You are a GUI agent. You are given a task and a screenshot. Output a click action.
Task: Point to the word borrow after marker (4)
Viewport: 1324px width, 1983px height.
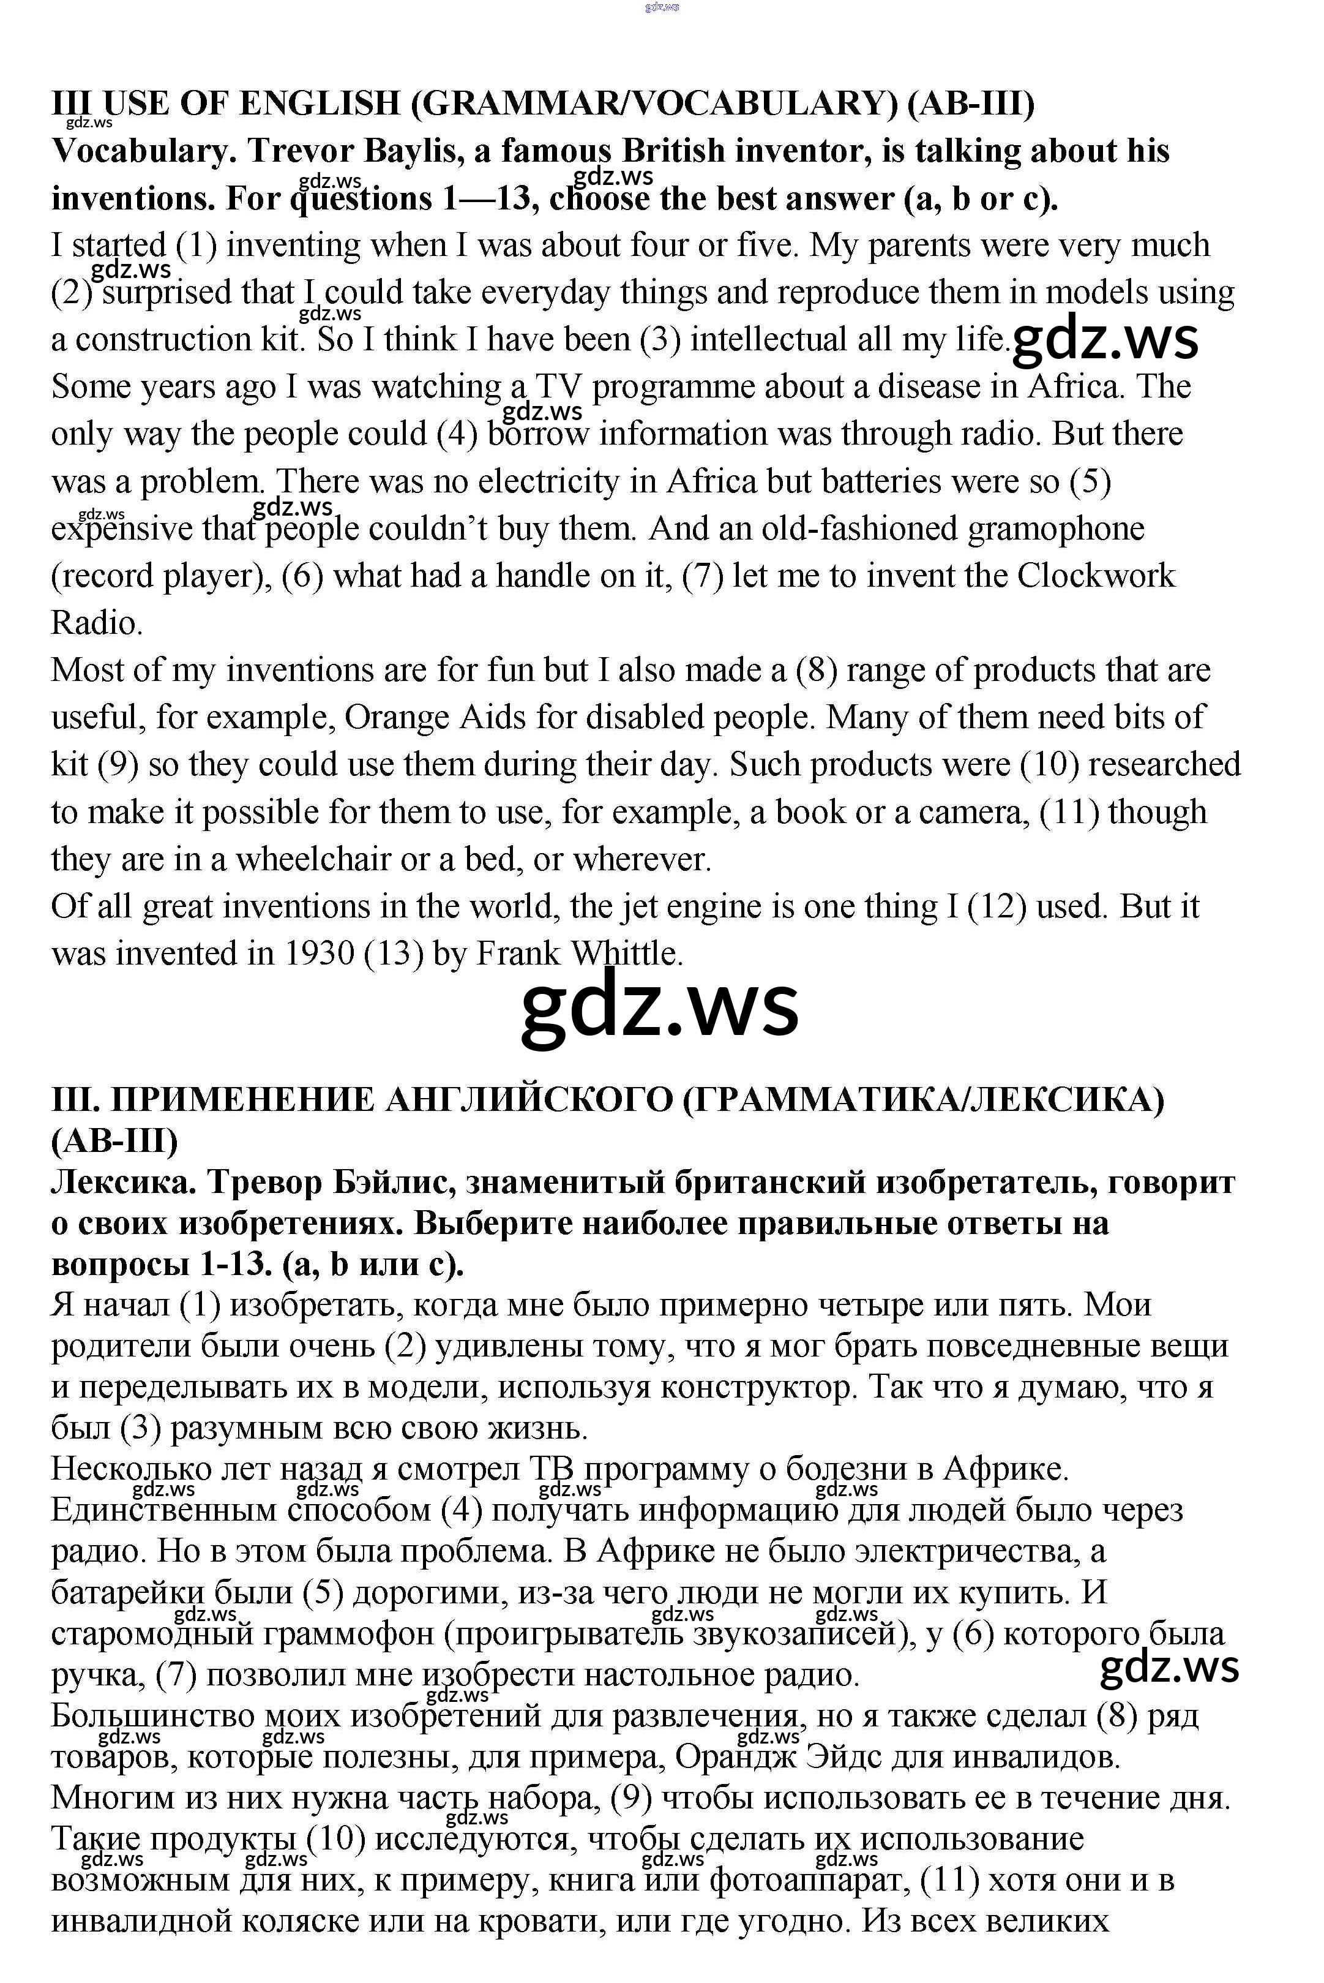point(539,434)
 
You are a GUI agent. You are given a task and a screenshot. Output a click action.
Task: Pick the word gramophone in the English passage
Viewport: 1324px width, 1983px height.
point(1055,529)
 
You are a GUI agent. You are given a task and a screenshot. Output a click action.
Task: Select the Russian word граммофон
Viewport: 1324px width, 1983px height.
point(348,1634)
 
